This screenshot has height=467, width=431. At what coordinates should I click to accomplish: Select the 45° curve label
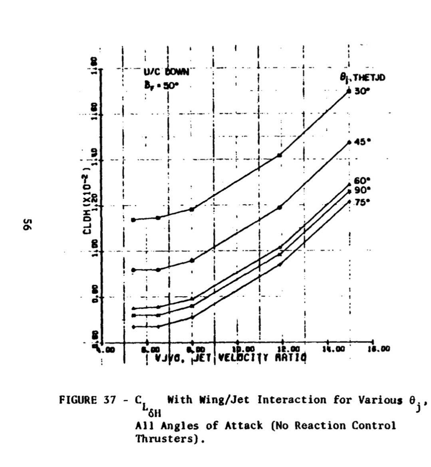(x=362, y=142)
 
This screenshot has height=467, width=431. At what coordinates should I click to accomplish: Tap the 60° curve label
(x=362, y=180)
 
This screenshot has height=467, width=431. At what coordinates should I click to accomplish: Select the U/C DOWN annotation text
(x=166, y=72)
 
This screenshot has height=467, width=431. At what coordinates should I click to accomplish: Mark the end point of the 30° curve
(x=349, y=91)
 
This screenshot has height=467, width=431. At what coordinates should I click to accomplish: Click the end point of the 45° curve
(x=350, y=142)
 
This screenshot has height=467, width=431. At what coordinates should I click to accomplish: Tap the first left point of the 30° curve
(x=133, y=220)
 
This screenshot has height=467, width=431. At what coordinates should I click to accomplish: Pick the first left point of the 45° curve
(x=133, y=270)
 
